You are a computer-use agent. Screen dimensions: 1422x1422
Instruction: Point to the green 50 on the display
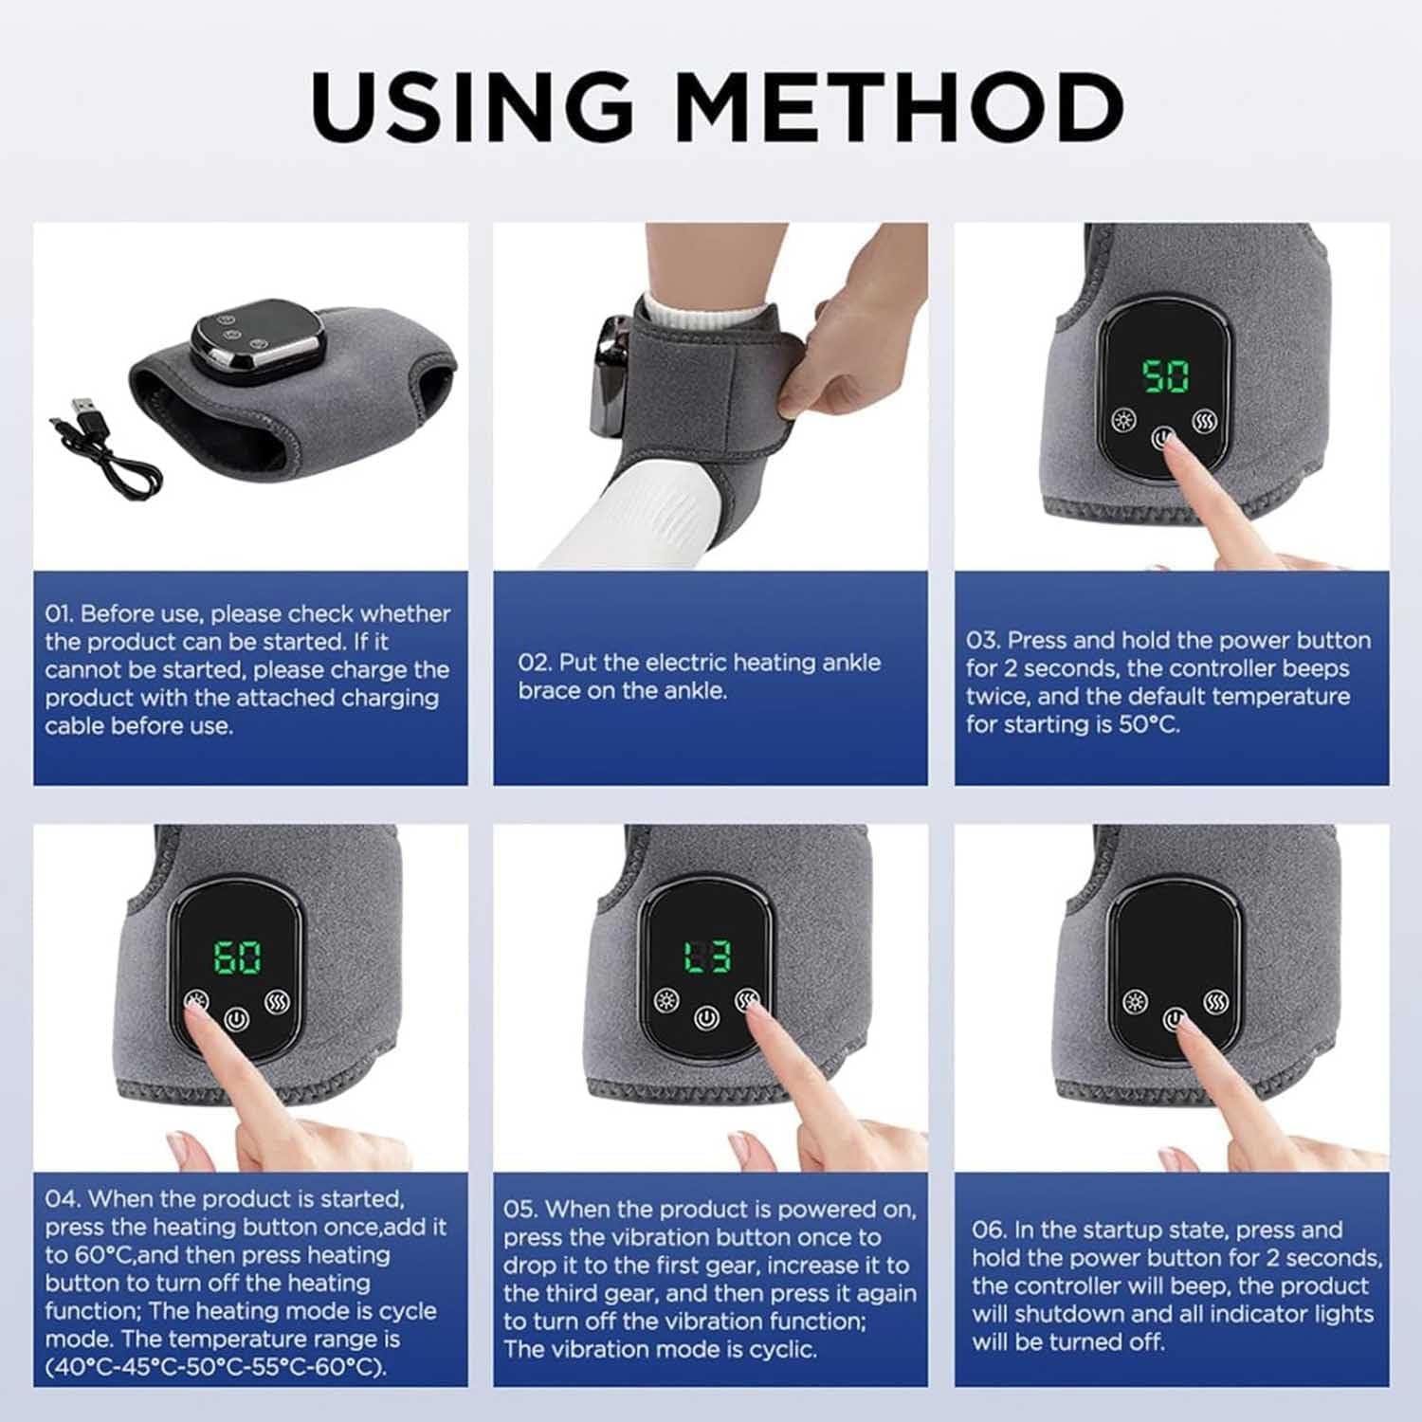(x=1165, y=376)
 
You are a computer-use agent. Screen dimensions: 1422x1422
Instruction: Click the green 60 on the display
(x=236, y=957)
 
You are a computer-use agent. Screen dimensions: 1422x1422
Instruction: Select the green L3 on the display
(x=707, y=957)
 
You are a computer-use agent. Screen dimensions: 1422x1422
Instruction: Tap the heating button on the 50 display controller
(x=1124, y=420)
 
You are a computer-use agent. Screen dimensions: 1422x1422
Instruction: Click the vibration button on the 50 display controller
(x=1205, y=420)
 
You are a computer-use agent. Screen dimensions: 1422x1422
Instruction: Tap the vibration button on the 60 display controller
(x=277, y=1001)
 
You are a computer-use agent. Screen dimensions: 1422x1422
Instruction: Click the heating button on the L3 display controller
(x=666, y=1000)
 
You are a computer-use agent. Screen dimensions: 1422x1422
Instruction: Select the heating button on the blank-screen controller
(x=1135, y=1001)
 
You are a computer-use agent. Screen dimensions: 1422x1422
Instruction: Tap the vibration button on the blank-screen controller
(x=1216, y=1001)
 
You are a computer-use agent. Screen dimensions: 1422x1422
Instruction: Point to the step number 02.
(x=534, y=663)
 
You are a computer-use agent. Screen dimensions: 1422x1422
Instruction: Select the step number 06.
(x=989, y=1230)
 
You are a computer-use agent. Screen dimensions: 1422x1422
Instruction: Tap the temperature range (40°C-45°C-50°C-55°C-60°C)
(x=216, y=1367)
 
